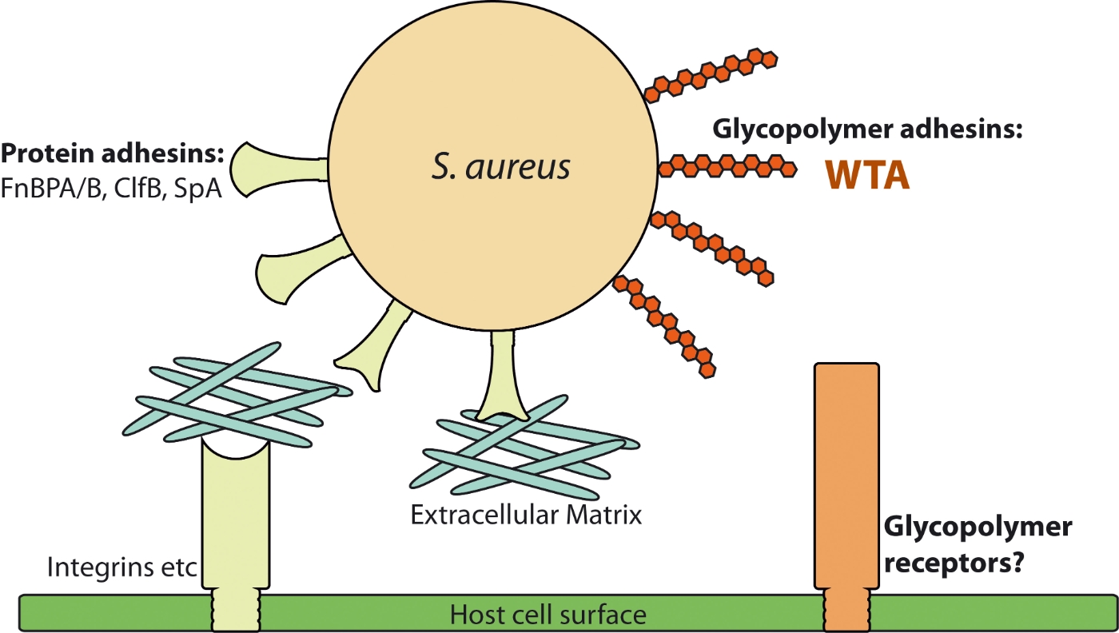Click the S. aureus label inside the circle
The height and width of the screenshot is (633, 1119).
502,167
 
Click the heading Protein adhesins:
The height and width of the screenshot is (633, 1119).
113,153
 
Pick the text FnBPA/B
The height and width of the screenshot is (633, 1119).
54,189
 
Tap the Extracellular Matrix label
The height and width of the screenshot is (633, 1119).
526,514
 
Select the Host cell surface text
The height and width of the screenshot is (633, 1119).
548,615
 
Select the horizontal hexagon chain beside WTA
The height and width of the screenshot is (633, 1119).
727,167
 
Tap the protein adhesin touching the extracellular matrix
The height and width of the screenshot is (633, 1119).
502,376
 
